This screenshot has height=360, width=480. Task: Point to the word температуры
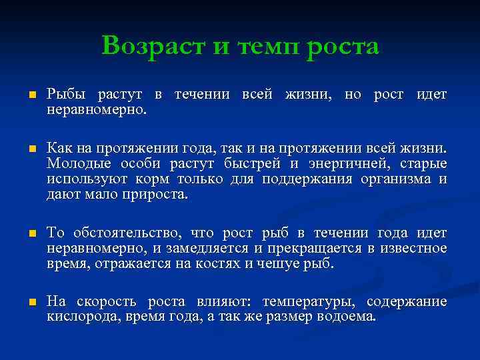click(303, 302)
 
